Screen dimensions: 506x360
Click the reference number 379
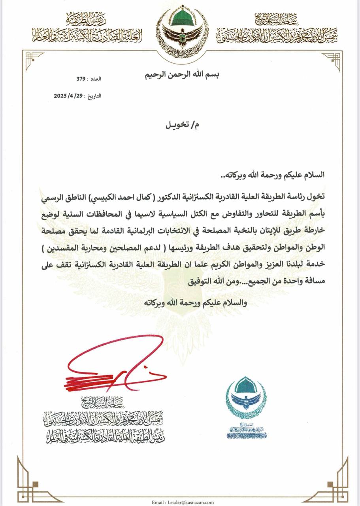tap(81, 79)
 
